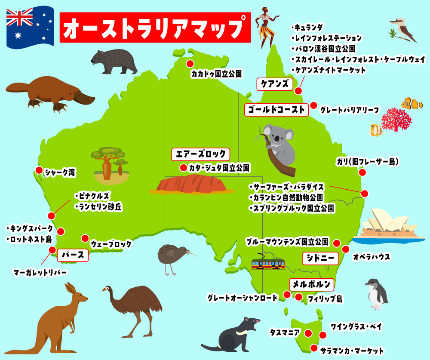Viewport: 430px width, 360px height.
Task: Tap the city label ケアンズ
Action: tap(274, 84)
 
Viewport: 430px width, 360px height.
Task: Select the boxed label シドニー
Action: tap(321, 258)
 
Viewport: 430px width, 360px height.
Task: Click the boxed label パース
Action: tap(73, 255)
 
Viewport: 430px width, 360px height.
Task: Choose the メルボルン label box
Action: tap(312, 284)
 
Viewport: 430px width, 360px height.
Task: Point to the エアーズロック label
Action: tap(200, 154)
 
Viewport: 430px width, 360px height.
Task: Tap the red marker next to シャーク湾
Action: tap(39, 170)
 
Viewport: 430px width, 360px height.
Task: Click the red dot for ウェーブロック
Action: tap(85, 238)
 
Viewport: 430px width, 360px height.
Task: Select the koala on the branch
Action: tap(279, 144)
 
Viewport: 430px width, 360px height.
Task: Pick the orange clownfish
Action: tap(412, 104)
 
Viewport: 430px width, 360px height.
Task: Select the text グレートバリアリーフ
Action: tap(350, 110)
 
